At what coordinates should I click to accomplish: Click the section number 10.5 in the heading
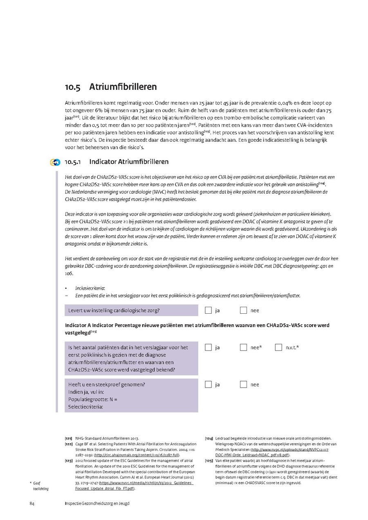pos(72,87)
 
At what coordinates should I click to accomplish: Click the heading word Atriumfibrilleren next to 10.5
pos(123,87)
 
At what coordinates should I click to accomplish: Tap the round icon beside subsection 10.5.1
pos(55,162)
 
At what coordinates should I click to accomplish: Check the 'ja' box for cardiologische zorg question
pos(208,310)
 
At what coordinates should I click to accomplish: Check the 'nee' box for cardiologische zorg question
pos(243,310)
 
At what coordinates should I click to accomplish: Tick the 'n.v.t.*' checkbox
pos(278,348)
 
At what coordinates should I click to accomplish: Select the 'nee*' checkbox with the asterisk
pos(243,348)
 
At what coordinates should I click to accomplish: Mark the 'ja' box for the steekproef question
pos(208,384)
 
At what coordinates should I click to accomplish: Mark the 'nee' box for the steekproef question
pos(243,384)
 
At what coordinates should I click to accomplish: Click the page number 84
pos(31,503)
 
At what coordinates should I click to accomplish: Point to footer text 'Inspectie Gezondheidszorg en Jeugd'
pos(97,503)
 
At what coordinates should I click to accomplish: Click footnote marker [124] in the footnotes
pos(209,438)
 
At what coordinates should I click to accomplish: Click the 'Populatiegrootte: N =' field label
pos(93,399)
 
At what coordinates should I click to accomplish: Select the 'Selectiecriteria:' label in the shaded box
pos(85,406)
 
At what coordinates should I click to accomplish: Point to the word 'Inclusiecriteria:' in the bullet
pos(90,288)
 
